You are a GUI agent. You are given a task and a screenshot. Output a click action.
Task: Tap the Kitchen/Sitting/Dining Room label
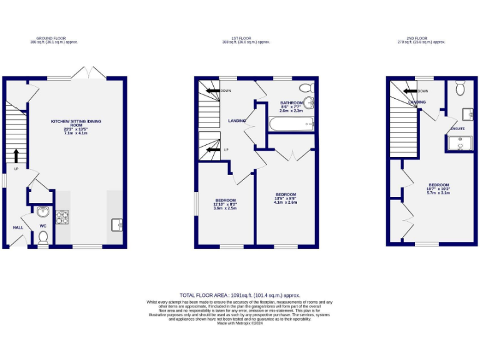76,127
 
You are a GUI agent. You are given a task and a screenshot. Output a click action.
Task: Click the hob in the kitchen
63,217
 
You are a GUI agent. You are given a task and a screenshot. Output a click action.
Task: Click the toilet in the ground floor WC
42,237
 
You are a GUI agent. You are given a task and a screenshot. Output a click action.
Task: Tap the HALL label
18,227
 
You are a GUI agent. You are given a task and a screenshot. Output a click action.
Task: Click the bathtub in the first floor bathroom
291,124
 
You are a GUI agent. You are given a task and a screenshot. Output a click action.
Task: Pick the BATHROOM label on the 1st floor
291,103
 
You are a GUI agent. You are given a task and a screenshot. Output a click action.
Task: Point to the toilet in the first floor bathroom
306,87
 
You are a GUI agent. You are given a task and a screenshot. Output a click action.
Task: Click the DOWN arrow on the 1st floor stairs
212,91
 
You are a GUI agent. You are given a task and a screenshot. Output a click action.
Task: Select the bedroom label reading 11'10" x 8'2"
225,204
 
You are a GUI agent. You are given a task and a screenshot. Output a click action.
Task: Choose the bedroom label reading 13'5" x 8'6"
285,198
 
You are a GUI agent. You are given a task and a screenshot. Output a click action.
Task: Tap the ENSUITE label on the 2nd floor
457,129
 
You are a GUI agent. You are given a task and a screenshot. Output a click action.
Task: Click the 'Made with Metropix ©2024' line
239,323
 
